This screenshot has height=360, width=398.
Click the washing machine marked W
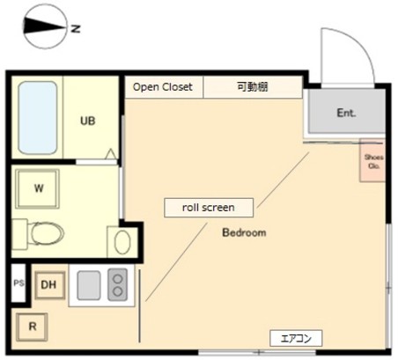click(x=39, y=187)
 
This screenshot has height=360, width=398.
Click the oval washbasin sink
click(x=122, y=241)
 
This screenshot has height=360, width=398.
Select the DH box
click(x=49, y=284)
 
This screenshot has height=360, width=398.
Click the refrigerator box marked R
click(x=33, y=327)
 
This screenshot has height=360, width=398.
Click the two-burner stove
click(x=117, y=284)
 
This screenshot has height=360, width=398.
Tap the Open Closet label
click(x=163, y=87)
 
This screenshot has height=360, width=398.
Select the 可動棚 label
click(x=252, y=87)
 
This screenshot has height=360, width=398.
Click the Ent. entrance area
click(x=346, y=113)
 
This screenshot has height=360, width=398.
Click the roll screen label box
click(x=210, y=208)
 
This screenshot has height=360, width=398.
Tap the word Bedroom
click(x=243, y=233)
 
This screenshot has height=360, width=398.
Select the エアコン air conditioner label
click(x=296, y=338)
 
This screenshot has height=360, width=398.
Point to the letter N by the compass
click(x=76, y=29)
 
